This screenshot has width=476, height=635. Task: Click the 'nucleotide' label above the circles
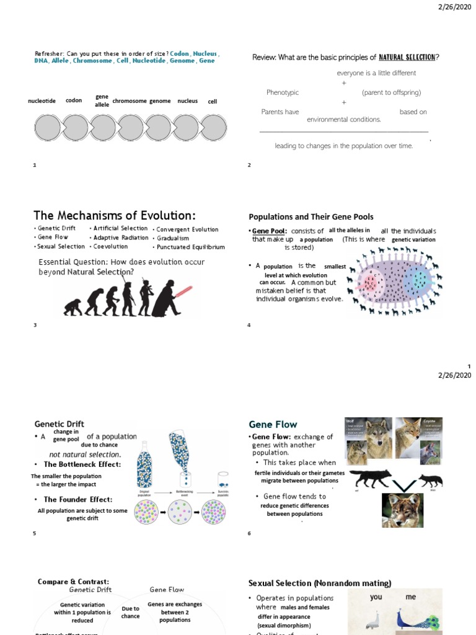click(42, 101)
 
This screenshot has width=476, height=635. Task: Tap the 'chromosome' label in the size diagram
click(129, 101)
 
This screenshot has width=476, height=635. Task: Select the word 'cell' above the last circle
click(213, 101)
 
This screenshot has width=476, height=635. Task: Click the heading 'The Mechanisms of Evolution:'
click(114, 215)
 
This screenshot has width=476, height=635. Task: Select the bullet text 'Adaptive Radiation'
click(120, 238)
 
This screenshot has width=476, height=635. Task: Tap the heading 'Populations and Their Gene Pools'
click(311, 217)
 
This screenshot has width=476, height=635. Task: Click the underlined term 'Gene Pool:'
click(270, 231)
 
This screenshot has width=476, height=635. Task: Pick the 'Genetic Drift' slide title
click(59, 424)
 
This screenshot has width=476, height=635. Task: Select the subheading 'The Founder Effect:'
click(77, 500)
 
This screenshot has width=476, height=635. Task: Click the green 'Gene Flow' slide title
click(273, 425)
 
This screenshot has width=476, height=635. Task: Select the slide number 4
click(249, 326)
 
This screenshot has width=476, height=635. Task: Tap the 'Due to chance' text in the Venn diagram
click(130, 613)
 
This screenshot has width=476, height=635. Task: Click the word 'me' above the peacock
click(411, 598)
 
